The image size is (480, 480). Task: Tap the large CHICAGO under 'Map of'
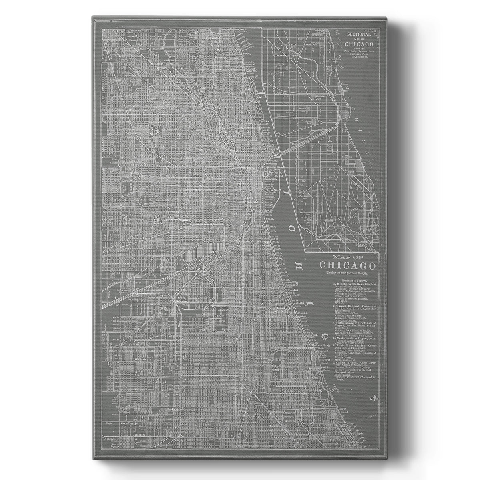click(x=347, y=266)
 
